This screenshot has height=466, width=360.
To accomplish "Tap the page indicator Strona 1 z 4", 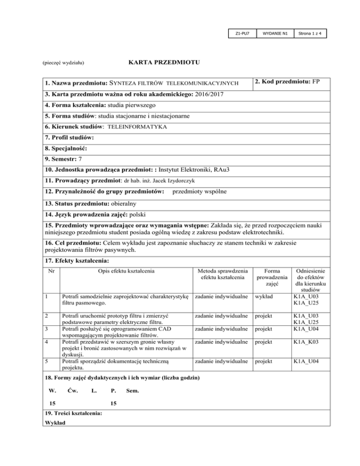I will pos(310,34).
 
